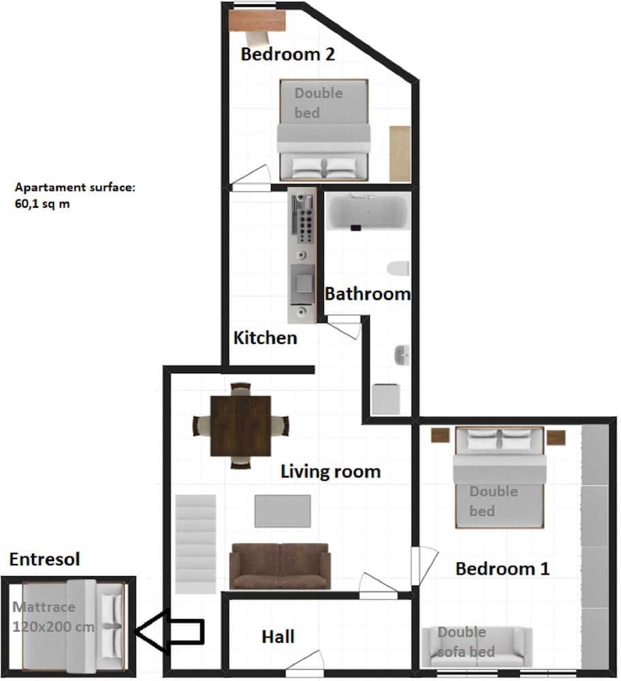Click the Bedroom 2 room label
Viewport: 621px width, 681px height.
pos(287,54)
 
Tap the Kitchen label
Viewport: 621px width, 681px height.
pos(265,337)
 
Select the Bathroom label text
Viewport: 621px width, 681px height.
pos(368,294)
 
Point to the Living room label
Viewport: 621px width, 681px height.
pos(330,471)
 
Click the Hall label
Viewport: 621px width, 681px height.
pos(278,637)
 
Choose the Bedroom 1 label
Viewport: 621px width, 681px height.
pos(502,569)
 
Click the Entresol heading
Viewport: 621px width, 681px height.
pos(44,559)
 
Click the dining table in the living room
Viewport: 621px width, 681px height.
pos(240,426)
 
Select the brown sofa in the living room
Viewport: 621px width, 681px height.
pos(280,565)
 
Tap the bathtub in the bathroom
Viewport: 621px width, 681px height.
pos(368,212)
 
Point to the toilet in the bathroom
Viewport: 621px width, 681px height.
pos(397,268)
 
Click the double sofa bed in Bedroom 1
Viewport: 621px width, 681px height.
pos(476,647)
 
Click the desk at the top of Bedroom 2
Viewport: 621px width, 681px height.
pos(255,22)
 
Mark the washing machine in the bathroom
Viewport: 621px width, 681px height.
pos(386,399)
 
